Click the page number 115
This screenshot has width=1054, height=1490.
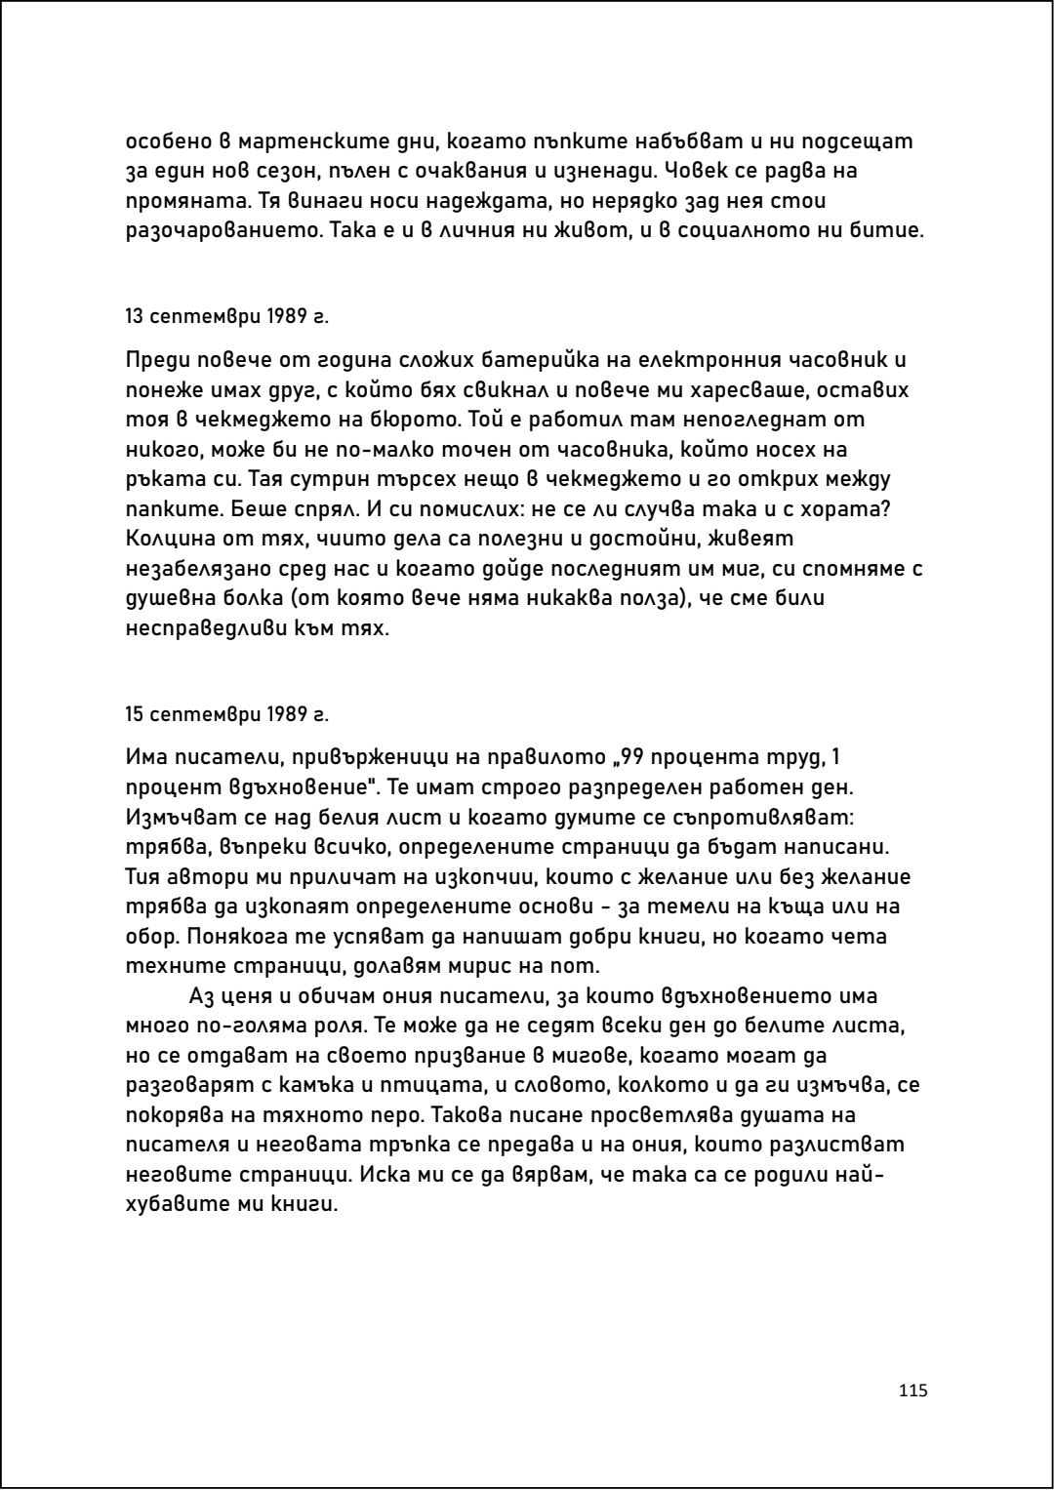(x=912, y=1390)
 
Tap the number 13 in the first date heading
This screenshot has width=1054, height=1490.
(x=134, y=317)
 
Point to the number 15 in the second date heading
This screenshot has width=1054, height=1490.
(x=134, y=714)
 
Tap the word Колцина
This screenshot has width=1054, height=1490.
(x=169, y=540)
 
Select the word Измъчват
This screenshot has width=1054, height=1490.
(x=179, y=817)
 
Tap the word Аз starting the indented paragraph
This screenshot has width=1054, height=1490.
(x=201, y=996)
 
